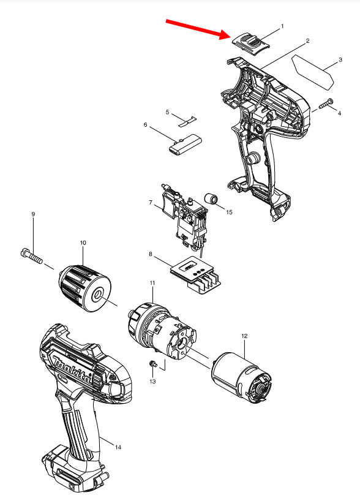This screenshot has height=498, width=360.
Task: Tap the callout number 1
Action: coord(282,26)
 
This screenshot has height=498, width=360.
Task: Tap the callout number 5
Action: coord(167,112)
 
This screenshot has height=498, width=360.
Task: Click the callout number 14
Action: coord(118,447)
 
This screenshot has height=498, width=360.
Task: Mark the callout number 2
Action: coord(307,40)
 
